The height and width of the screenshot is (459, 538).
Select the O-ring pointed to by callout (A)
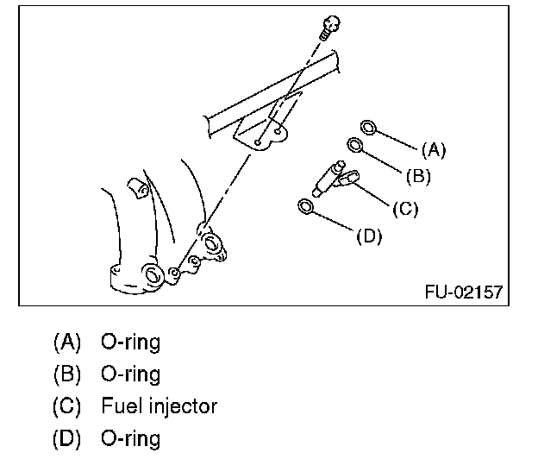coord(368,128)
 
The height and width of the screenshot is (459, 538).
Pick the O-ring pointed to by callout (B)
coord(355,145)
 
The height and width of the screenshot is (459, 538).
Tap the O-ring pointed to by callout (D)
coord(305,206)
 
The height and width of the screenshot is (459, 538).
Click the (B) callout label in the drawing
coord(417,177)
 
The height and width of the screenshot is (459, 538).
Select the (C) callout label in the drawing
coord(405,208)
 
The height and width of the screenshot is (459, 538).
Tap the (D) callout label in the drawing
coord(368,235)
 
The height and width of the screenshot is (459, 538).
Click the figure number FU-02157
coord(463,292)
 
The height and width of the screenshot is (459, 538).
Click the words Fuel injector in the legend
coord(160,406)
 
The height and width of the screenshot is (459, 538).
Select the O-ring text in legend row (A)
coord(131,342)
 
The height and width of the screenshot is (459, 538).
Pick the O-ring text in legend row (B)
coord(131,374)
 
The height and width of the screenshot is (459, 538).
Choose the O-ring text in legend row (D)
coord(131,437)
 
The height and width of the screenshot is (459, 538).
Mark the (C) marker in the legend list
coord(66,406)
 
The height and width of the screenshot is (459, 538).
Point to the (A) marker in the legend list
coord(66,342)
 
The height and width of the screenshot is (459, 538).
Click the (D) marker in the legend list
coord(66,437)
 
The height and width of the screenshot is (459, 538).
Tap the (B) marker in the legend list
coord(66,374)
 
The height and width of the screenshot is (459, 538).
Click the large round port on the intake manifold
coord(153,275)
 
